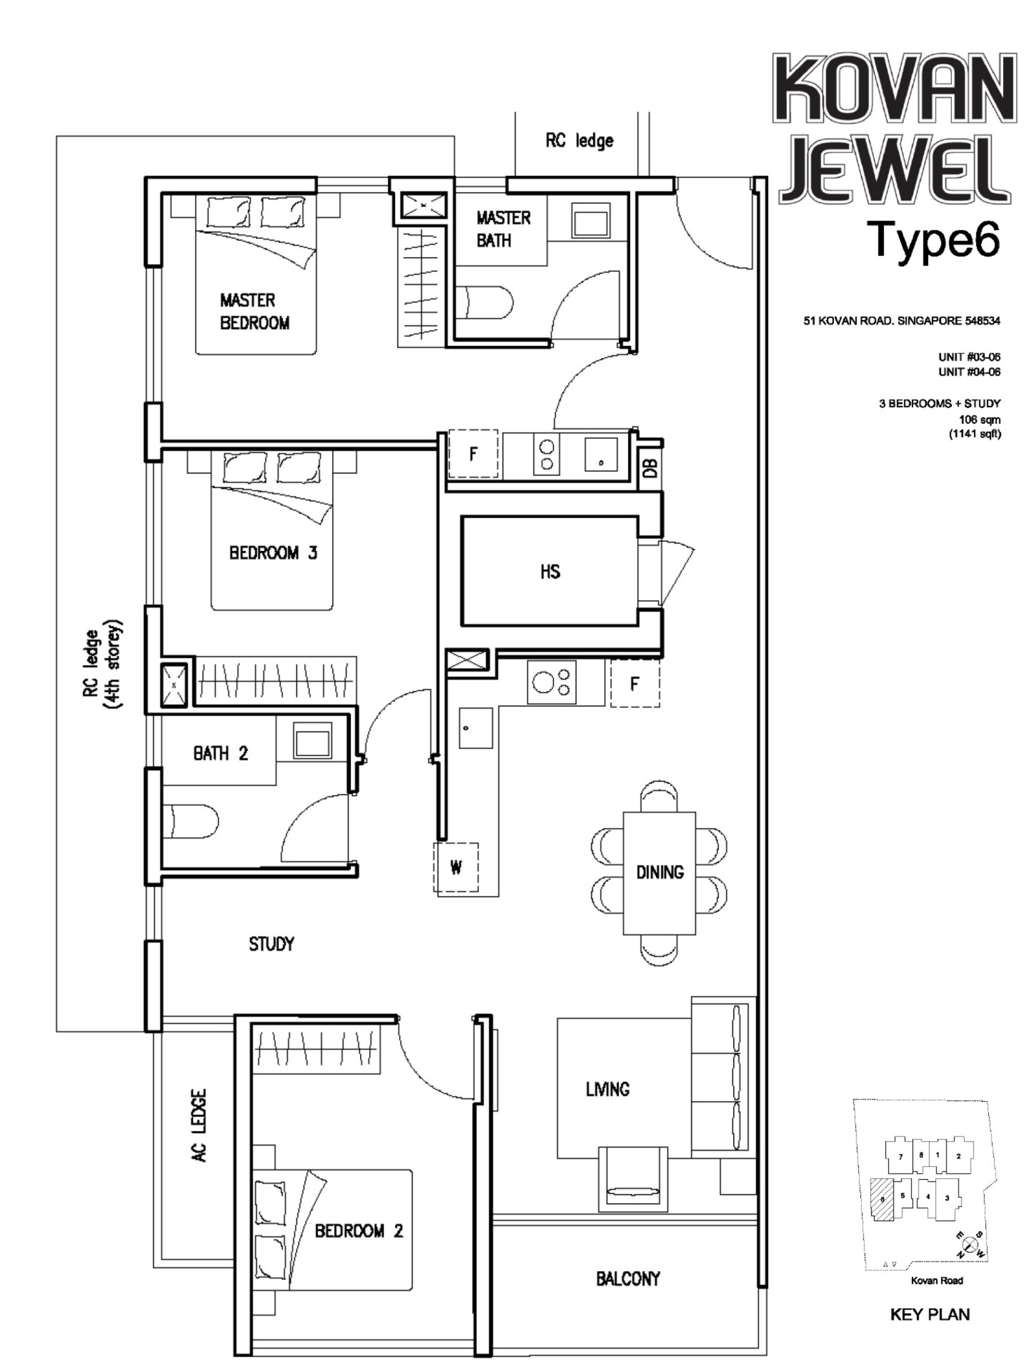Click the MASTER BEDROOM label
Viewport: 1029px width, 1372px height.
click(x=255, y=311)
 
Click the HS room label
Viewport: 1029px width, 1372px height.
click(x=549, y=571)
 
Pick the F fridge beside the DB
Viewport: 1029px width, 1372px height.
click(x=473, y=454)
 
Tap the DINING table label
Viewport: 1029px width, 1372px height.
click(x=659, y=872)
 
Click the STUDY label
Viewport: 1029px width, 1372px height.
click(x=271, y=944)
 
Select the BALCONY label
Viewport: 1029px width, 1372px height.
click(x=628, y=1278)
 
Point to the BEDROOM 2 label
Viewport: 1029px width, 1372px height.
click(x=359, y=1231)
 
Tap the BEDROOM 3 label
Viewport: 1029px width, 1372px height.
click(x=273, y=552)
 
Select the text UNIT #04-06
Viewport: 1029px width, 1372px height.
click(x=969, y=371)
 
